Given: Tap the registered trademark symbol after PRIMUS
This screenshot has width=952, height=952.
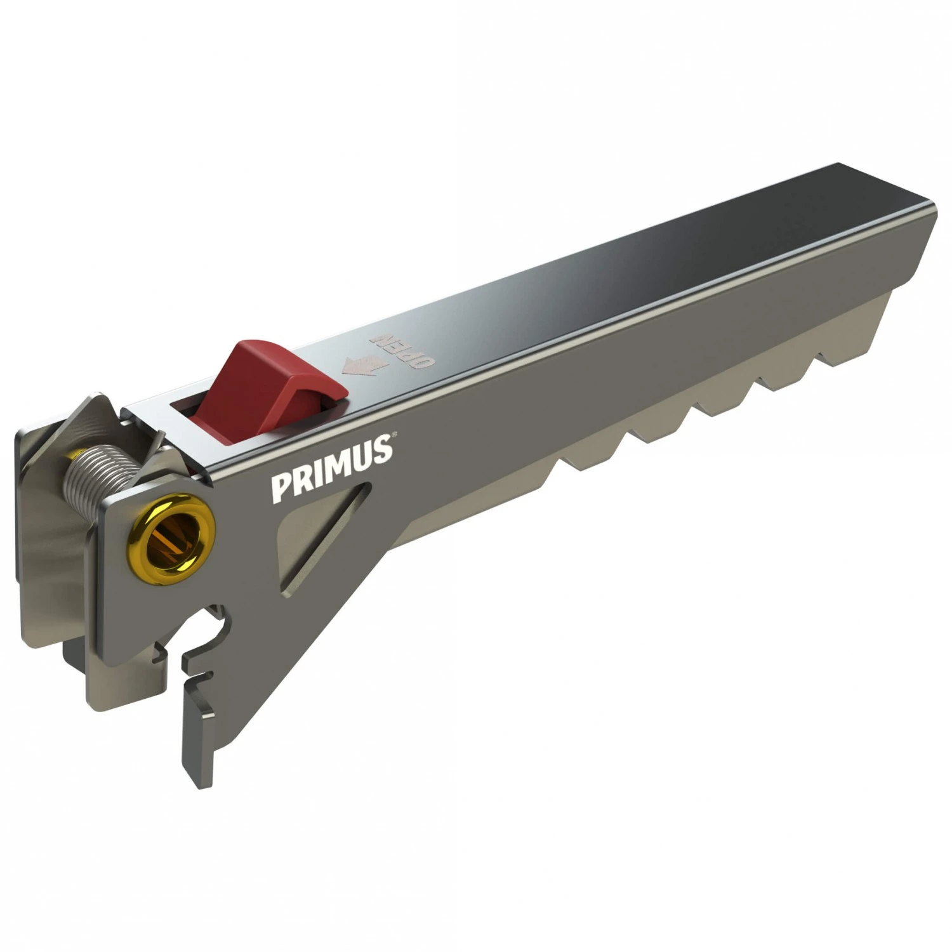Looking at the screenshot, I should [x=394, y=435].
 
